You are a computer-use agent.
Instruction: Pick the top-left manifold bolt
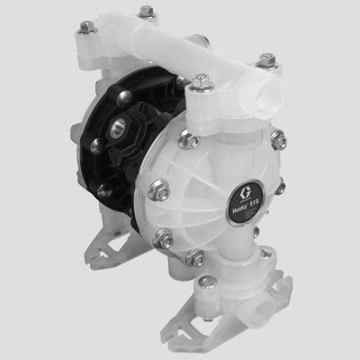87,29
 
